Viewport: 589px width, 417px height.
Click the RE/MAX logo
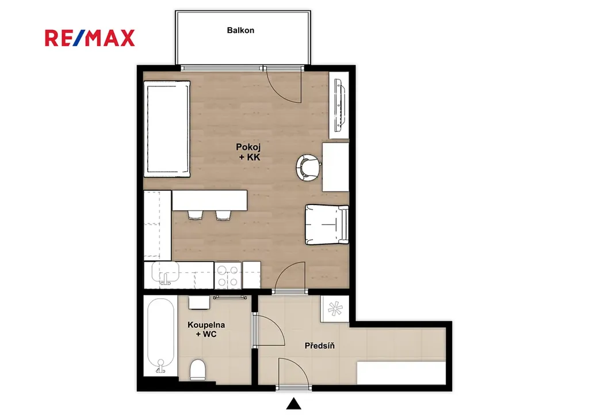pyautogui.click(x=90, y=38)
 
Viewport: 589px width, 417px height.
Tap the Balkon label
pyautogui.click(x=240, y=31)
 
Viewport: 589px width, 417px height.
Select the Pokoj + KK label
pyautogui.click(x=248, y=152)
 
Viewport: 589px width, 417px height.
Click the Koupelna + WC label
pyautogui.click(x=206, y=329)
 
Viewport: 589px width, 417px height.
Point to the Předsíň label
pyautogui.click(x=320, y=346)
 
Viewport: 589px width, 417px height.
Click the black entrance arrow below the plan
pyautogui.click(x=294, y=404)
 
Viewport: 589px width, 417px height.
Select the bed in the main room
pyautogui.click(x=167, y=128)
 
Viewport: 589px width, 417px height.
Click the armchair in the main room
pyautogui.click(x=327, y=224)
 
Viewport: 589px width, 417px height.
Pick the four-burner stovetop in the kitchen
pyautogui.click(x=228, y=276)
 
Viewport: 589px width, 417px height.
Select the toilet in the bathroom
pyautogui.click(x=198, y=370)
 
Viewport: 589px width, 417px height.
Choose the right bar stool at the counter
pyautogui.click(x=223, y=215)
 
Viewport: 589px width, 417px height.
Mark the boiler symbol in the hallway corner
pyautogui.click(x=335, y=308)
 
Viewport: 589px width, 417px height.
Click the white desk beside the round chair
pyautogui.click(x=336, y=167)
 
